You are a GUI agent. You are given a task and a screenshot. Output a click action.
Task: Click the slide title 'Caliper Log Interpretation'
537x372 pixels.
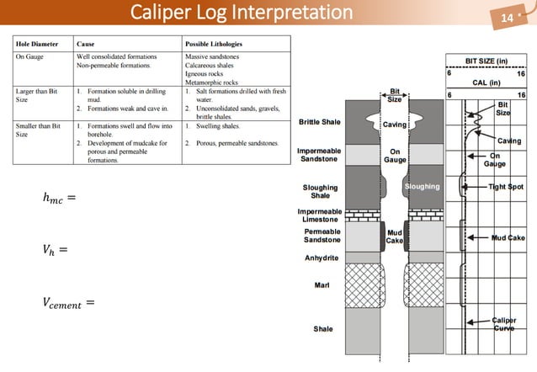(x=242, y=13)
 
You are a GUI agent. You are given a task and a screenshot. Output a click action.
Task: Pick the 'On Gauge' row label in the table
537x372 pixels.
(x=31, y=56)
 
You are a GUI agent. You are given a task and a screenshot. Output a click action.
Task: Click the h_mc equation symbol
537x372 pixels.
(x=59, y=199)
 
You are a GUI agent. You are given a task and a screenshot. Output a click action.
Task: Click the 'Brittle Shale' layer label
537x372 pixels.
(x=319, y=122)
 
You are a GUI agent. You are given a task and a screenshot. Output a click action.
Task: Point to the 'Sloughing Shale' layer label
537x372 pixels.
(x=320, y=191)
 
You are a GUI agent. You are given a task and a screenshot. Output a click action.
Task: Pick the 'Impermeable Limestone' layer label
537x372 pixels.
(x=319, y=215)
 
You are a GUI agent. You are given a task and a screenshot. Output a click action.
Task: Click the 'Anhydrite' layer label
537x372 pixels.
(x=321, y=258)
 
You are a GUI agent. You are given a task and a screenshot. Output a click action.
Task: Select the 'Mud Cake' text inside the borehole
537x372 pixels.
(x=394, y=236)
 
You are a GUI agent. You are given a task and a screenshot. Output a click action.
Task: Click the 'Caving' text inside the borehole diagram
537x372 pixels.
(x=395, y=125)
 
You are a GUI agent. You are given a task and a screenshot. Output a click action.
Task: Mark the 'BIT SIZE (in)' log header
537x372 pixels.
(x=486, y=61)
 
